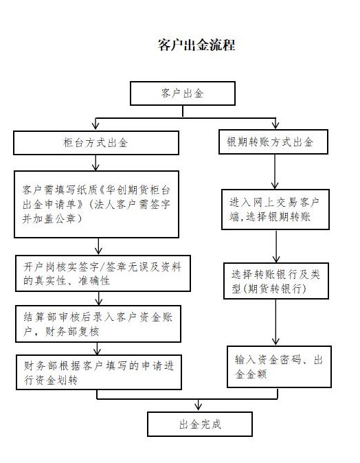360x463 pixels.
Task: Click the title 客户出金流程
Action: click(196, 45)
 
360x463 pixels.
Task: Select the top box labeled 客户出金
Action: click(183, 93)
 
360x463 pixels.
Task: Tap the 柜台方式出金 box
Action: click(96, 143)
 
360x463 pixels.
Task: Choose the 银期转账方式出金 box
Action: click(273, 142)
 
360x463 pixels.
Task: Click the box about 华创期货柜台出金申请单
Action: click(96, 204)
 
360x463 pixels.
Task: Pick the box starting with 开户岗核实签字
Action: click(103, 273)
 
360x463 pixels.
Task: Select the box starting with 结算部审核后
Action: click(98, 324)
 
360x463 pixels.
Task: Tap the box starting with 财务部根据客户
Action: click(99, 372)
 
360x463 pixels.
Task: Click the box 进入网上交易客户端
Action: click(275, 210)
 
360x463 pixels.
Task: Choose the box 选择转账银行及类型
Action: click(275, 281)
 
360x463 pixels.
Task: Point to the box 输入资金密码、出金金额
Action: click(279, 366)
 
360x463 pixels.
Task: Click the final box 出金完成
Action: click(200, 424)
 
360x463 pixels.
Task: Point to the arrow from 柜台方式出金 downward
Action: click(95, 163)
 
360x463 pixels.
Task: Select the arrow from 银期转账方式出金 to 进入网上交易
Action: click(275, 172)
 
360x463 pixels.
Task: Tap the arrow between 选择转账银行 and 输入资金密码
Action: click(275, 322)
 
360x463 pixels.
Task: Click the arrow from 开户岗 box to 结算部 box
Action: click(99, 298)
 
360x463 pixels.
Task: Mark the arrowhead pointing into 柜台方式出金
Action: click(95, 126)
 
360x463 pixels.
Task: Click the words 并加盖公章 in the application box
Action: click(49, 219)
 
